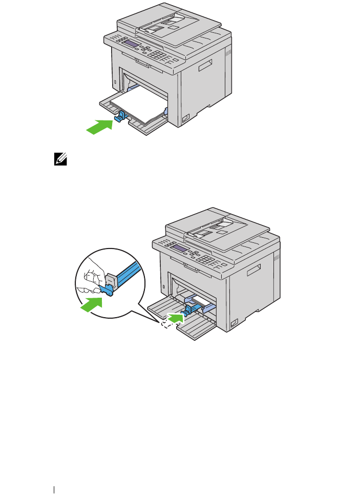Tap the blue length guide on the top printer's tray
click(119, 117)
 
